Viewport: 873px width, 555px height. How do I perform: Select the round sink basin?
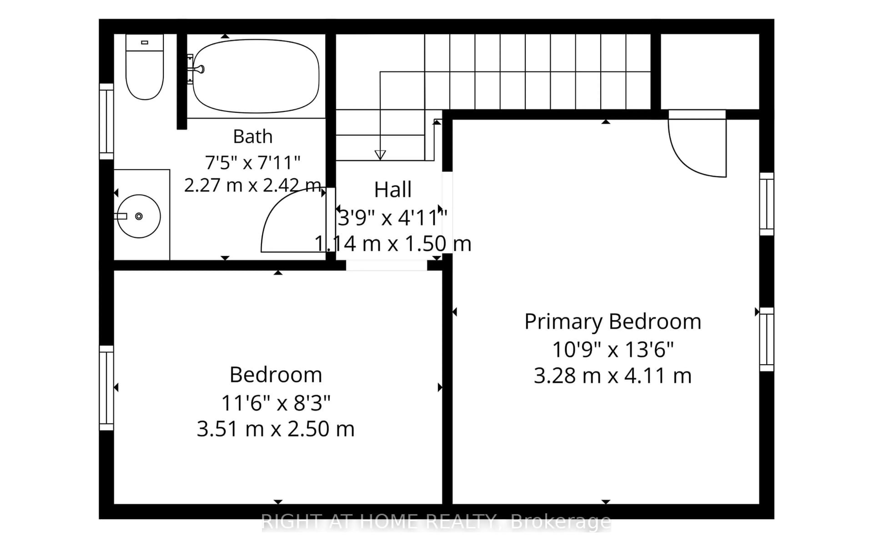pos(139,216)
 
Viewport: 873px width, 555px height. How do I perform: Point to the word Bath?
pos(253,136)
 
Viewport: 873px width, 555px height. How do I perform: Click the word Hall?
pos(393,190)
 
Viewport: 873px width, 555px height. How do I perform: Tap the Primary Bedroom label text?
pos(613,322)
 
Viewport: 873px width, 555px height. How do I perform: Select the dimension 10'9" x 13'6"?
pos(613,350)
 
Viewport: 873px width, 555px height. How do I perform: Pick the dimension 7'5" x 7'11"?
pos(253,162)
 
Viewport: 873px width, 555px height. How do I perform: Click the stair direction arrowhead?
pos(380,155)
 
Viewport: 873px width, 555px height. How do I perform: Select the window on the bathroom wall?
pos(107,121)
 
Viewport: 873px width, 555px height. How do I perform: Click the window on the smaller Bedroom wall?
pos(107,388)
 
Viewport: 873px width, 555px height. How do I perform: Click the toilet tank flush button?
pos(145,42)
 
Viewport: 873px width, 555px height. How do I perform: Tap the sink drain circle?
pos(139,216)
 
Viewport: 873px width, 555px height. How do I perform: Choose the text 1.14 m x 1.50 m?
pos(393,243)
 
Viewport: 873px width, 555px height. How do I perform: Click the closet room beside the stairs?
pos(710,71)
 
